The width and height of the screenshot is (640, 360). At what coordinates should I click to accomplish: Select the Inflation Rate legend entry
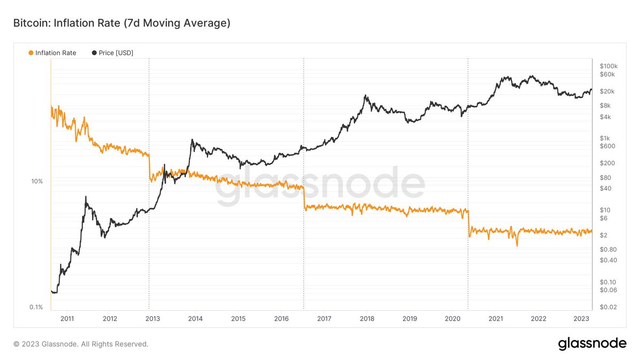coord(52,53)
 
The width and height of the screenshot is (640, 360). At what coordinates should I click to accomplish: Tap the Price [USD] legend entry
coord(113,53)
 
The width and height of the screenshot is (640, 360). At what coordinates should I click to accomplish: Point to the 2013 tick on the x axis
coord(152,318)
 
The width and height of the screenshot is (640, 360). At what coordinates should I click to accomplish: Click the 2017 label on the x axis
coord(324,318)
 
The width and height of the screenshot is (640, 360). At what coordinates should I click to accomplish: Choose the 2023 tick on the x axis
coord(581,318)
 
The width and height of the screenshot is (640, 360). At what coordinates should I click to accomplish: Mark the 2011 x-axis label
coord(67,318)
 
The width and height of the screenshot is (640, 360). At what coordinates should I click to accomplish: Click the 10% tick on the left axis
coord(36,181)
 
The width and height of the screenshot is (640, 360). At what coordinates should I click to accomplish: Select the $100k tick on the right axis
coord(608,66)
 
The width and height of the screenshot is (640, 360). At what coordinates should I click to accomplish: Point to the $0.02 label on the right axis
coord(608,307)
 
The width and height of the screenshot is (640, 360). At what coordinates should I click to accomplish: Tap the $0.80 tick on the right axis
coord(608,249)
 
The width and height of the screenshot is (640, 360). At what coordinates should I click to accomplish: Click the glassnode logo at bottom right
coord(592,344)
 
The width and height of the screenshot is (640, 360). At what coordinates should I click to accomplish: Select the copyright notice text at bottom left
coord(81,345)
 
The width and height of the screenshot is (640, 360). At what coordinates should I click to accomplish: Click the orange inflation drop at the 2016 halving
coord(304,197)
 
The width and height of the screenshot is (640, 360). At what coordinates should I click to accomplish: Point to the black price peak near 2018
coord(365,97)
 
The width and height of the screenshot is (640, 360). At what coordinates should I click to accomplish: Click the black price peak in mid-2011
coord(86,197)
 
